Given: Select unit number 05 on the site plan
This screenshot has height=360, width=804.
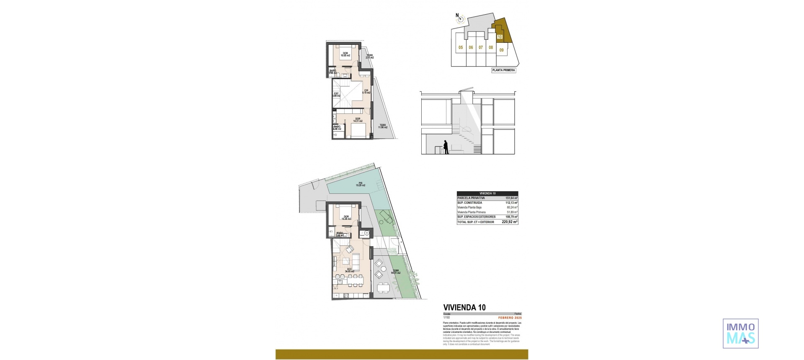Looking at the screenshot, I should point(460,48).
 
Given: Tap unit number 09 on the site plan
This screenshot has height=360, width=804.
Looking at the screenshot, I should point(501,50).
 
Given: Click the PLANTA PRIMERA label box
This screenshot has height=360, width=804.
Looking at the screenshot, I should point(503,70).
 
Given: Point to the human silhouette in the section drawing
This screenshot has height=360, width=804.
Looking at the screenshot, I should point(446,147).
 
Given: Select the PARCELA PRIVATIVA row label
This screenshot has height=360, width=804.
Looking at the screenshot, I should point(471,198).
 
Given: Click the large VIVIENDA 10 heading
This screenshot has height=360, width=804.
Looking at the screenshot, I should point(464,307).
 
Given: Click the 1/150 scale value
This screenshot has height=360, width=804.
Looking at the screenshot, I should point(446,318).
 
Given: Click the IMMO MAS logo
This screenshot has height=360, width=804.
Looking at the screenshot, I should point(741,334).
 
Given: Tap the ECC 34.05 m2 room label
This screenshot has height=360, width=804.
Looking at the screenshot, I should point(349,270).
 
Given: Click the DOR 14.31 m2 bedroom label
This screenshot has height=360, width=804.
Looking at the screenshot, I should point(358,120).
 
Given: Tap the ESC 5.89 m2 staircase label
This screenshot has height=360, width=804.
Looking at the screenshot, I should point(336,95).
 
